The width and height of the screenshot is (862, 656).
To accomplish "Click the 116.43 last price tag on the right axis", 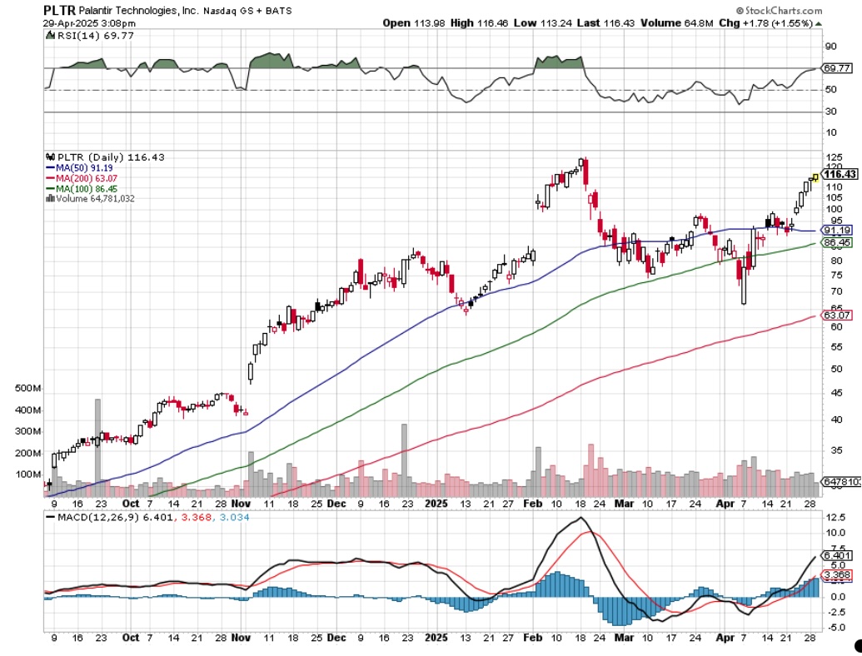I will click(x=840, y=174).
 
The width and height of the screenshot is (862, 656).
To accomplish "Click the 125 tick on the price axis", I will click(x=830, y=158).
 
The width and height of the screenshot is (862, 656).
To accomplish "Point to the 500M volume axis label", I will click(x=27, y=389).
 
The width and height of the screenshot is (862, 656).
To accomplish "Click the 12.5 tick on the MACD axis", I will click(x=833, y=517).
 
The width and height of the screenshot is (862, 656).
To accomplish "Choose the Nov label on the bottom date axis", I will click(x=241, y=503).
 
